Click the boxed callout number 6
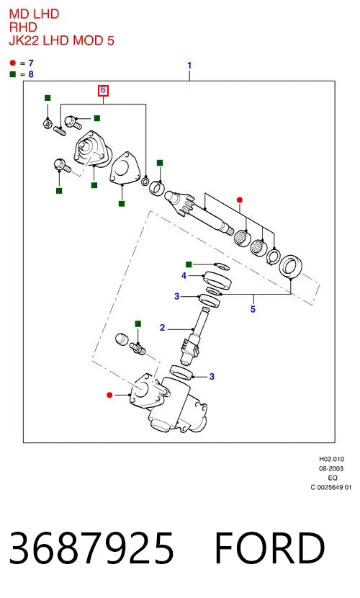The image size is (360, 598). (103, 90)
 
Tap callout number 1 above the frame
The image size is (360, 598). (189, 66)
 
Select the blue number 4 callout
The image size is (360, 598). (184, 275)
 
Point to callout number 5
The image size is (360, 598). (253, 308)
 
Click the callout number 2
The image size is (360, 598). (163, 328)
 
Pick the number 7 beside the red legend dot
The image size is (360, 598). (31, 63)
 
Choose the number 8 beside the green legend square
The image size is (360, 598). (31, 74)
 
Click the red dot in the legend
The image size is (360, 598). (13, 63)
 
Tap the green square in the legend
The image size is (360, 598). (13, 74)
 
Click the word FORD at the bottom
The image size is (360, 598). (270, 548)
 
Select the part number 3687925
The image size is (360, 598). (91, 548)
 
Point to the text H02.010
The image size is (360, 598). (331, 459)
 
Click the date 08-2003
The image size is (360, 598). (331, 468)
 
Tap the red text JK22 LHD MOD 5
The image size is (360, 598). (61, 40)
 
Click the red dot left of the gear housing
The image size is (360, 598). (109, 395)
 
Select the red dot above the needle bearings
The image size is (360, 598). (240, 200)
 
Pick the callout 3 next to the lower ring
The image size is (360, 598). (212, 376)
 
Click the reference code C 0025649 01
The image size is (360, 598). (331, 487)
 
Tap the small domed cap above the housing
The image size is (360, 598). (122, 339)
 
